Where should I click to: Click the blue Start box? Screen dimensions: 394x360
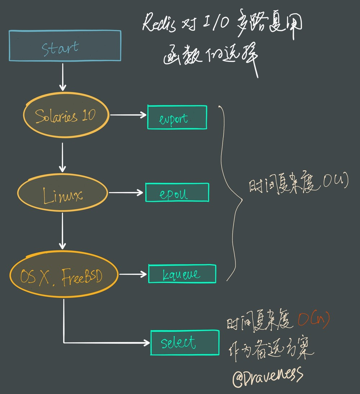(65, 45)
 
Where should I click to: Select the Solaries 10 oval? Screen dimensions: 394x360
(66, 116)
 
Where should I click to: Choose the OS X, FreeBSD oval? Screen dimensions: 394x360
(63, 275)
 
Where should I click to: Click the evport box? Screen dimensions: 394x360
(177, 117)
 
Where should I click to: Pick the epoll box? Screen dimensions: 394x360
(177, 193)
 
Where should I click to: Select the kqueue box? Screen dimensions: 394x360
(182, 274)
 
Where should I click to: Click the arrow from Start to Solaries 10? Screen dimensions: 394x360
(63, 77)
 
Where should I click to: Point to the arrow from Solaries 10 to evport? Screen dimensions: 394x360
(128, 115)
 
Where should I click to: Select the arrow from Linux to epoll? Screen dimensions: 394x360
(126, 193)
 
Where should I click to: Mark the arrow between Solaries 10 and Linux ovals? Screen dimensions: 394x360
(63, 157)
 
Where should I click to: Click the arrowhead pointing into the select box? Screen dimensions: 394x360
(147, 342)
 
